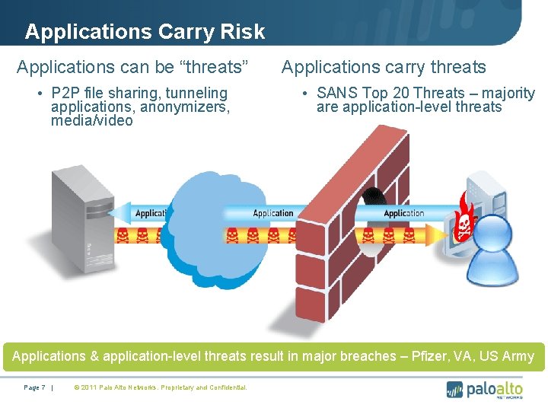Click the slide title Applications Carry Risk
(x=145, y=32)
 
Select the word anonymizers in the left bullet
(x=185, y=107)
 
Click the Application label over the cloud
(x=273, y=214)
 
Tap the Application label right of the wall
(x=404, y=214)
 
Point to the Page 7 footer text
(x=35, y=388)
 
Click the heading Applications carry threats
(x=384, y=67)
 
